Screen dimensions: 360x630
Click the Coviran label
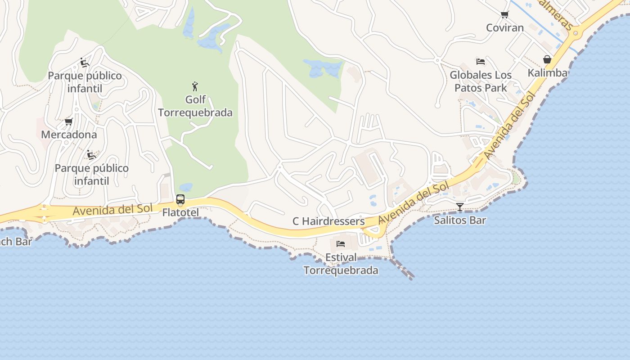(505, 28)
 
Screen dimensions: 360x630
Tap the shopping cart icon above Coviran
(505, 15)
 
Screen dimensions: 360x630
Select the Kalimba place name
(547, 73)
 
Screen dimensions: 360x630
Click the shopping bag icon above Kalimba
(547, 59)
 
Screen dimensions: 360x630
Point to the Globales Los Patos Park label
(481, 81)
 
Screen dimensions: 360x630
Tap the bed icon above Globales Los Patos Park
(481, 62)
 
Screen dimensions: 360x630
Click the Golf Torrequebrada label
(195, 106)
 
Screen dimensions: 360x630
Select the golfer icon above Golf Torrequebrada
(195, 86)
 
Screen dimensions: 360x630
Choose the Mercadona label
(69, 135)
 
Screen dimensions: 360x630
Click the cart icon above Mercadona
(69, 121)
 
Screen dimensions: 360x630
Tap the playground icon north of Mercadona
(84, 62)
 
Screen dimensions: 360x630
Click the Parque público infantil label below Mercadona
(91, 175)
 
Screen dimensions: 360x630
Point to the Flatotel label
(180, 212)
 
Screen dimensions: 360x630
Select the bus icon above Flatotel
(180, 199)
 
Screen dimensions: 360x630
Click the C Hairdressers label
(328, 221)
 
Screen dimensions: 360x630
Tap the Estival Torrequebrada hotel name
(341, 264)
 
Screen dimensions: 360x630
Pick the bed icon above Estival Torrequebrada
(341, 244)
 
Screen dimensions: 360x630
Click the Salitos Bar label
(460, 220)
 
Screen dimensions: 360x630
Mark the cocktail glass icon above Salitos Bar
(460, 207)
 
